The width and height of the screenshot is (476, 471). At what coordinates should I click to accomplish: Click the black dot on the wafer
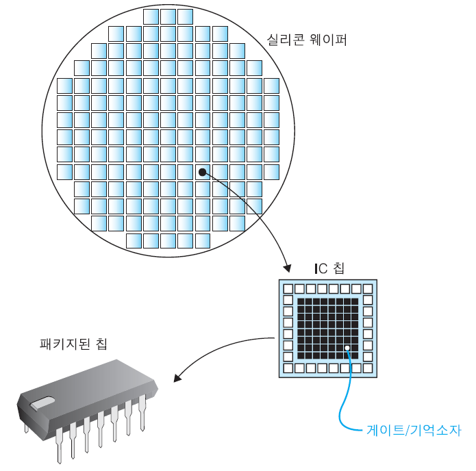[x=202, y=172]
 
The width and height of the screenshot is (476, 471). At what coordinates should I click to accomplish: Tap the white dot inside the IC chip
[x=348, y=348]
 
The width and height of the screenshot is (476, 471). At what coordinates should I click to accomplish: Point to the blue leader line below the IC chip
[x=343, y=404]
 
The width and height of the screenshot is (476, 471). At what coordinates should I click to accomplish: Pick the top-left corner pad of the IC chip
[x=288, y=289]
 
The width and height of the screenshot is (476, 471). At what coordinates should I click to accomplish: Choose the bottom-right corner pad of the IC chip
[x=368, y=368]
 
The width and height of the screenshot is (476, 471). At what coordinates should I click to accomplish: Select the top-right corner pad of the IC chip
[x=368, y=289]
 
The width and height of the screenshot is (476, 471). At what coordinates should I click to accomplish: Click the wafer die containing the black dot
[x=202, y=171]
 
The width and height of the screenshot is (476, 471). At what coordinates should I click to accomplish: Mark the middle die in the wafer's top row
[x=168, y=16]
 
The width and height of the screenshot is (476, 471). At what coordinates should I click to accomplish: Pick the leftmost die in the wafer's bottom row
[x=134, y=240]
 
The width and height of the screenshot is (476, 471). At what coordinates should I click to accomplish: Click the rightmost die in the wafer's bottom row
[x=202, y=240]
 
